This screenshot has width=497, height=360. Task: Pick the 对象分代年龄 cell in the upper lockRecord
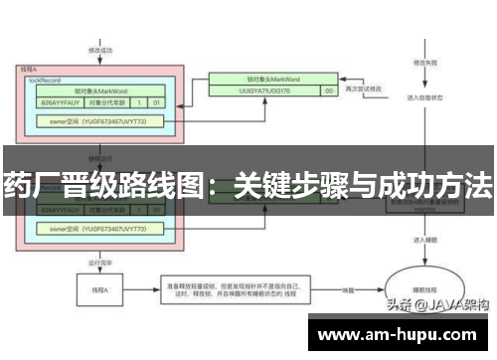[106, 101]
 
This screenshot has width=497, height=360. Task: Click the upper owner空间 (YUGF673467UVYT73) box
[97, 121]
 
